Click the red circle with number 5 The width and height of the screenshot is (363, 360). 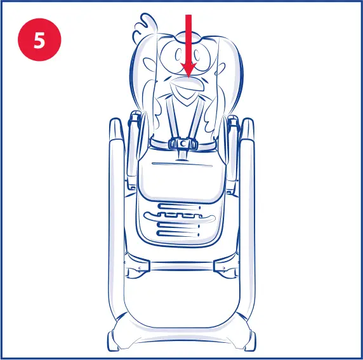tap(39, 39)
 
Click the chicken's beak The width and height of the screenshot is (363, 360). tap(188, 89)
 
